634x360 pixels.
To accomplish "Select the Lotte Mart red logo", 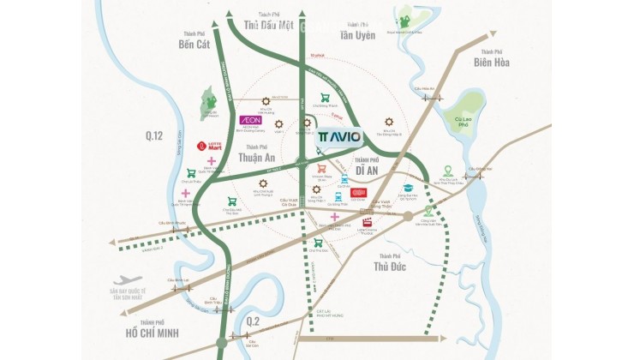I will tap(210, 147).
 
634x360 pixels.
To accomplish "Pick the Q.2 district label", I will tap(253, 321).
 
